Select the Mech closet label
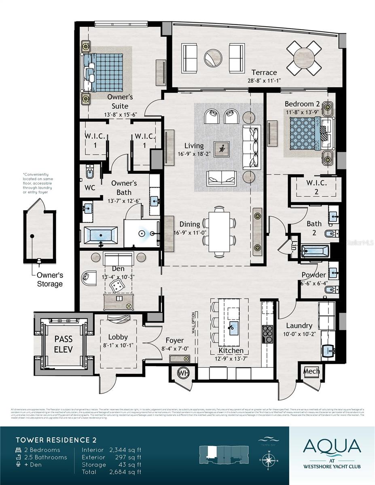(311, 371)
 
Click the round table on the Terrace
(304, 58)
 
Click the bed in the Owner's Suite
(104, 73)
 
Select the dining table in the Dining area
(219, 232)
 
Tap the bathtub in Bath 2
(315, 251)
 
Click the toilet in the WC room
(89, 171)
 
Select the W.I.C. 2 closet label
(316, 187)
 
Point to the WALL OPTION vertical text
(193, 322)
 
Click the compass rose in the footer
(269, 460)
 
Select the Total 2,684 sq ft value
(126, 472)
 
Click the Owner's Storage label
(50, 280)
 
